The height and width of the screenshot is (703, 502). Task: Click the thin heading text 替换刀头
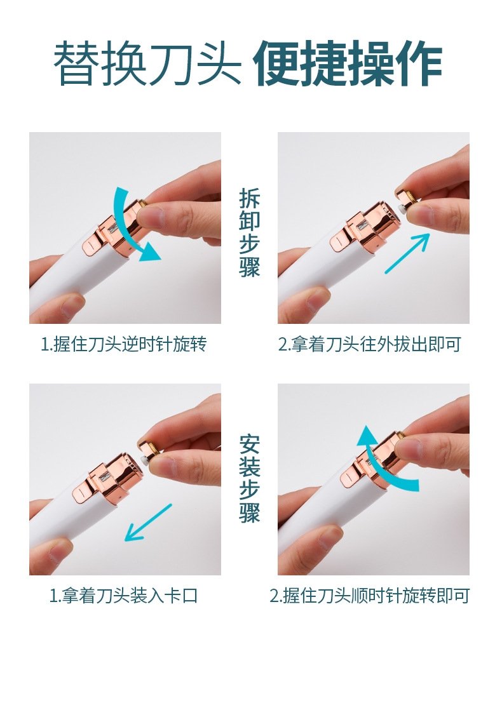[147, 63]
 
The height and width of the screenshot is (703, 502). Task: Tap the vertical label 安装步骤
[250, 478]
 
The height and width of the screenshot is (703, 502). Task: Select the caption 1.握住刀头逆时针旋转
[124, 344]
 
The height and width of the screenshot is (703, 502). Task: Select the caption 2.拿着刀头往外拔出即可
[370, 344]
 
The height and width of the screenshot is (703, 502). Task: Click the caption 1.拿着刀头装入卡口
[123, 596]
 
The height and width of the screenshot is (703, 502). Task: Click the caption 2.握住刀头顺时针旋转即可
[370, 596]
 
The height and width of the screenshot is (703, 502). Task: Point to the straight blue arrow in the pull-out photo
[407, 253]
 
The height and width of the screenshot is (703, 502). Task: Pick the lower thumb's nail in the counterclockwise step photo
[72, 305]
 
